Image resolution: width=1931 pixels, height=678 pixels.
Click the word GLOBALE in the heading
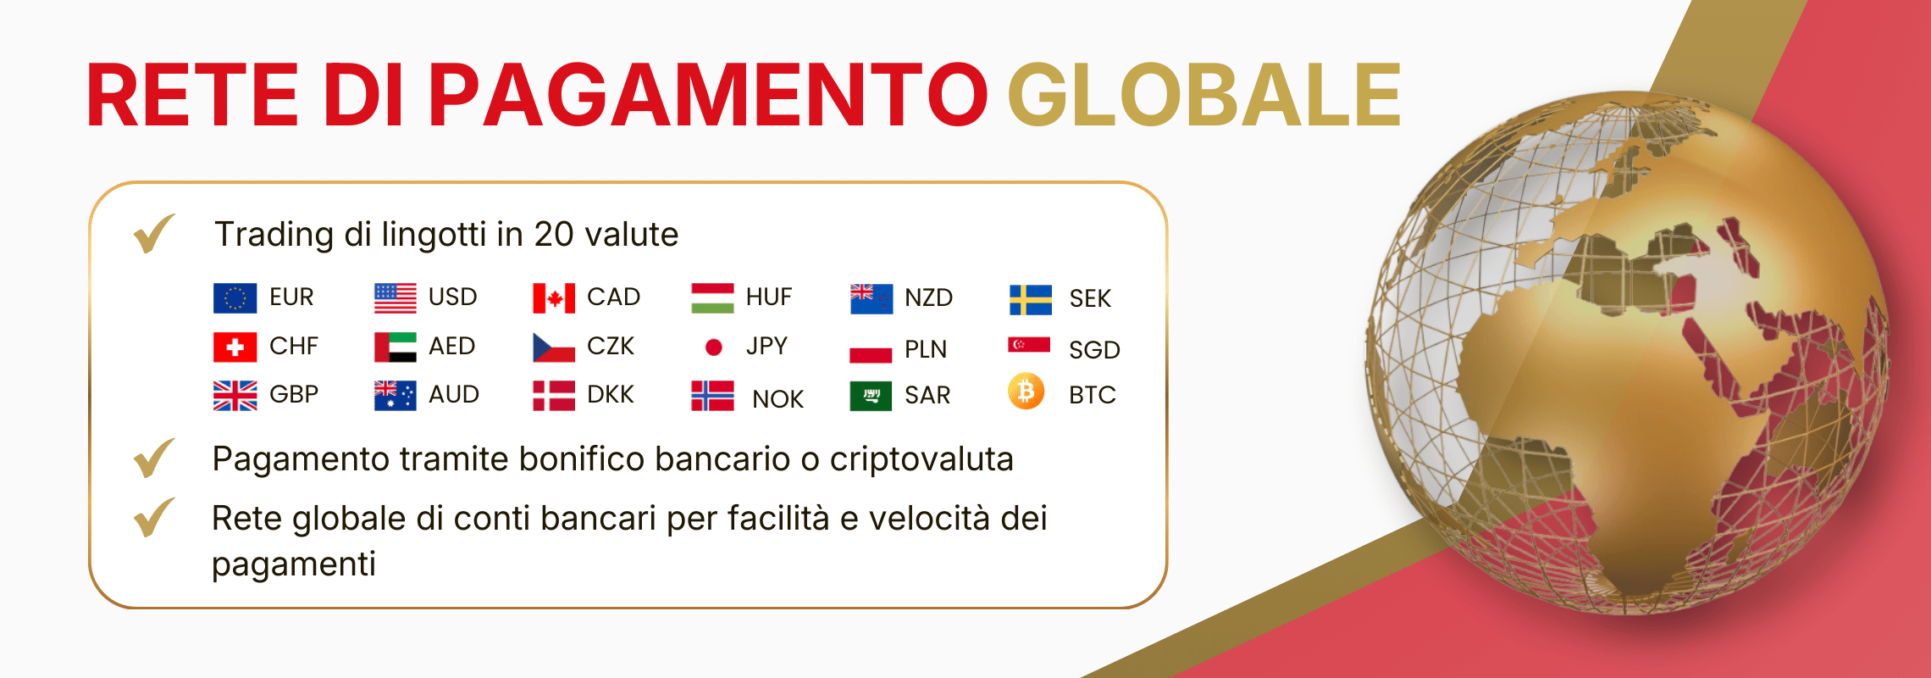tap(1203, 95)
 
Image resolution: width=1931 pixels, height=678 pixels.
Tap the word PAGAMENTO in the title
tap(708, 95)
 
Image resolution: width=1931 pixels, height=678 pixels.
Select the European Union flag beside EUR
tap(235, 297)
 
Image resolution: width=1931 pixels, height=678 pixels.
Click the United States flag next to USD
tap(396, 297)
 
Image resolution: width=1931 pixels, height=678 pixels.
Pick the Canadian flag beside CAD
tap(554, 298)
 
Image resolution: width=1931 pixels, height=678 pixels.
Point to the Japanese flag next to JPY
tap(714, 347)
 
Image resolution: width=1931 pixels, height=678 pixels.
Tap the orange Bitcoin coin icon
tap(1026, 392)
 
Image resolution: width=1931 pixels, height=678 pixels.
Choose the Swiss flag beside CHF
tap(235, 347)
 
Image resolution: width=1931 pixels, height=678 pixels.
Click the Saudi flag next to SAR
tap(871, 396)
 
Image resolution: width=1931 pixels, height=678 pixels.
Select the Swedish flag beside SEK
tap(1030, 299)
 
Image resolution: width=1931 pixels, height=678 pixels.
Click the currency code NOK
tap(777, 399)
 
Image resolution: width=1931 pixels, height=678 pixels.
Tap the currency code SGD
tap(1094, 350)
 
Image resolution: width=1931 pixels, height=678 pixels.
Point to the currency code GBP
tap(294, 395)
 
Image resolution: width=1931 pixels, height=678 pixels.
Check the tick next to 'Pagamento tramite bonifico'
tap(154, 458)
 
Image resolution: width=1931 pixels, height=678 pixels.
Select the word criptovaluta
tap(921, 459)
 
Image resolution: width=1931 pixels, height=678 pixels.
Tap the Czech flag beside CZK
tap(554, 347)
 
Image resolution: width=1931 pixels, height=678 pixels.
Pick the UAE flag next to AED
tap(396, 347)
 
